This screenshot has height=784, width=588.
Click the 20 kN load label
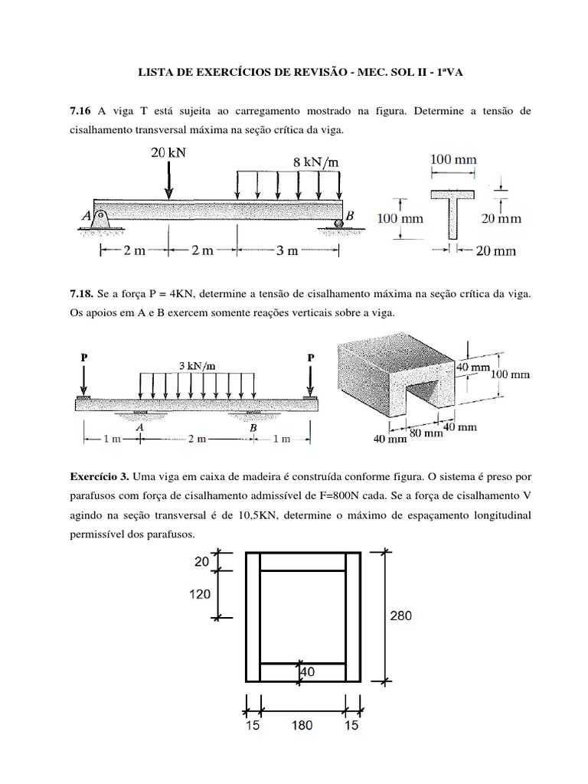point(168,152)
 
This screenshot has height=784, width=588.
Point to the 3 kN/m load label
point(198,365)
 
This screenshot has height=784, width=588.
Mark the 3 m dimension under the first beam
point(288,250)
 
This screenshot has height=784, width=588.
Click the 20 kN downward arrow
point(168,181)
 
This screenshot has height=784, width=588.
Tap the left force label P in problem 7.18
point(83,357)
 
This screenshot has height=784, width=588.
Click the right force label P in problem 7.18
point(310,357)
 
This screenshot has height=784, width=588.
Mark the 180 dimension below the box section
point(302,726)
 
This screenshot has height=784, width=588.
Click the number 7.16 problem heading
point(80,112)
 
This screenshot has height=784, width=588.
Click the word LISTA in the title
point(153,73)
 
